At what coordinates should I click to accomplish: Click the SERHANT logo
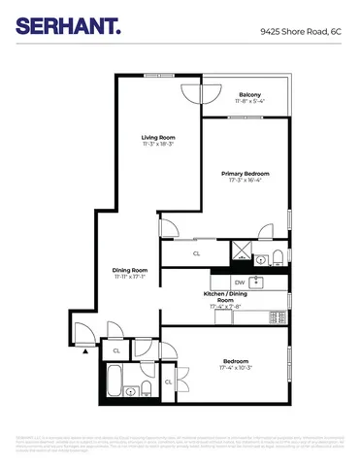67,29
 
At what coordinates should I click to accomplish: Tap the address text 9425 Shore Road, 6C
302,31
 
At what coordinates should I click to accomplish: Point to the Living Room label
157,137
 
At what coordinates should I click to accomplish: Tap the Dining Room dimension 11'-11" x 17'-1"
130,277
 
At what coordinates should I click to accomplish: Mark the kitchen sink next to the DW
258,283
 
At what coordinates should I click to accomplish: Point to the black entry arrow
86,353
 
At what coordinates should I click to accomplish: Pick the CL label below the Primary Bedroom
196,253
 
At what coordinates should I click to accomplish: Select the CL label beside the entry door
116,350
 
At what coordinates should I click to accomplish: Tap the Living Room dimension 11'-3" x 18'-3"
157,144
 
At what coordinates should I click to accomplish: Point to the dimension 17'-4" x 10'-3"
236,368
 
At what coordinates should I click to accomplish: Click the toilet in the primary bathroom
278,255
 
